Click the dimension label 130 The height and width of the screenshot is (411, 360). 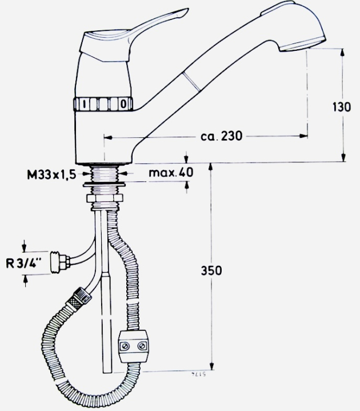click(x=341, y=106)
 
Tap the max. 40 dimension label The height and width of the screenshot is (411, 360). click(x=171, y=172)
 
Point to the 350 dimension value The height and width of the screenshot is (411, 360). click(x=213, y=270)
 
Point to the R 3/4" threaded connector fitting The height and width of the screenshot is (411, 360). click(x=59, y=262)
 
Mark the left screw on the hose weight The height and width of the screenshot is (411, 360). click(x=125, y=345)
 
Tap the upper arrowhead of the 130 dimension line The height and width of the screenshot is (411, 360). click(x=343, y=52)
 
